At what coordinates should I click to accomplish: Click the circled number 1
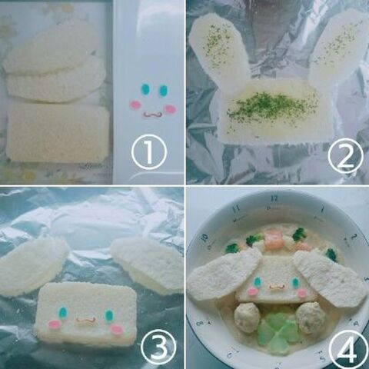tap(149, 154)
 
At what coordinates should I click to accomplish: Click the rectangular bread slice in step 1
tap(58, 132)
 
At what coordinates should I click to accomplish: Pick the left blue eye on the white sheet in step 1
tap(145, 89)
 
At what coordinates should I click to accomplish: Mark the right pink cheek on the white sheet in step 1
tap(170, 108)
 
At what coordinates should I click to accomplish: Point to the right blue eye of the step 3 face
tap(108, 314)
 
